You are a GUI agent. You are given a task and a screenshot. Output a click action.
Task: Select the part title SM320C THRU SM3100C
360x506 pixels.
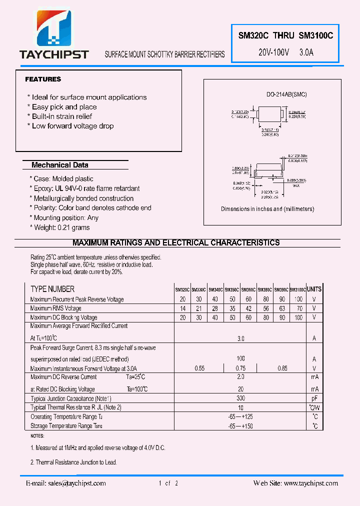coord(286,36)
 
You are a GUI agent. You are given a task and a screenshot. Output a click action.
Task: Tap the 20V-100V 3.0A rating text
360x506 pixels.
coord(286,52)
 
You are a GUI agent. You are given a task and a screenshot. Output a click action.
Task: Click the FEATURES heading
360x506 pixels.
coord(43,79)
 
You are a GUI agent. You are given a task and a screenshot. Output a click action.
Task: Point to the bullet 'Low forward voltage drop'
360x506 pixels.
coord(70,126)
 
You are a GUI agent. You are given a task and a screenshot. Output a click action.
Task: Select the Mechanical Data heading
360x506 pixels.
coord(60,165)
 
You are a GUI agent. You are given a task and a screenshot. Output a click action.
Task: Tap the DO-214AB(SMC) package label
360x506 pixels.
coord(286,94)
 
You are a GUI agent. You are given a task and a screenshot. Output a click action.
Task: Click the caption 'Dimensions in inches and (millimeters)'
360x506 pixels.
coord(267,209)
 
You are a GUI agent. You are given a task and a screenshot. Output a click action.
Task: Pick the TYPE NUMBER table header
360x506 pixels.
coord(52,289)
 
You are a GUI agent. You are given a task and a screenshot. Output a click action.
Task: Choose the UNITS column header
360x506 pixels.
coord(314,289)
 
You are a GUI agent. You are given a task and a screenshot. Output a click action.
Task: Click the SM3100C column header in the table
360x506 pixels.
coord(297,289)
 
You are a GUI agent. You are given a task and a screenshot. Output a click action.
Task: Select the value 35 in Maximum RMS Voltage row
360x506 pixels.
coord(232,308)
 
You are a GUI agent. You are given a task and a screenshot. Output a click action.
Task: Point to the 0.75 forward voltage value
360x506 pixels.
coord(240,368)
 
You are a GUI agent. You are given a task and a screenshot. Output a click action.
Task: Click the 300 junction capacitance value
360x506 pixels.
coord(240,398)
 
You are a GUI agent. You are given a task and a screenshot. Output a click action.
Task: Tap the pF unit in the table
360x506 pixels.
coord(314,398)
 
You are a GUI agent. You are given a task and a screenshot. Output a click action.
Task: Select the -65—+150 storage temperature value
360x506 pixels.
coord(240,426)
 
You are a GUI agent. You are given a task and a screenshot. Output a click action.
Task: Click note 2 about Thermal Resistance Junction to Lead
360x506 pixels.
coord(74,462)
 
